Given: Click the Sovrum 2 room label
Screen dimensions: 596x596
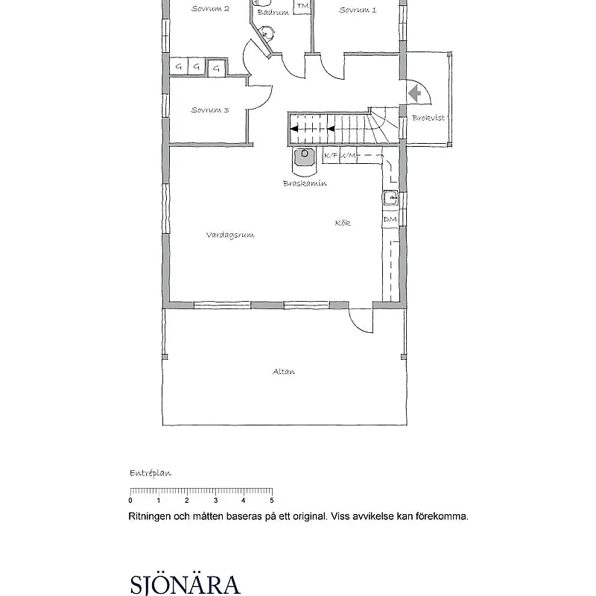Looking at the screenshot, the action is point(210,8).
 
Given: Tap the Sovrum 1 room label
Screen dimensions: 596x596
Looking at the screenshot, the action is point(358,10).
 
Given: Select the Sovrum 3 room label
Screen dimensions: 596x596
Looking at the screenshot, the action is point(210,110).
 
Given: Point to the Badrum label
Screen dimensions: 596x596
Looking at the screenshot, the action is point(273,12).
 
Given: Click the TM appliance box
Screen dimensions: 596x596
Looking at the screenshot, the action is point(302,7).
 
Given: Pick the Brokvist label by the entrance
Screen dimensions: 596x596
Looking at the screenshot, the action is point(428,118).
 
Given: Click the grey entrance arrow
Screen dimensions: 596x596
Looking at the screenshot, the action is point(414,93).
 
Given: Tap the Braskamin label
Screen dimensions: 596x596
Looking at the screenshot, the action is point(305,183).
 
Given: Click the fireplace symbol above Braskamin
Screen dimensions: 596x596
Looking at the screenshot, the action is point(304,156).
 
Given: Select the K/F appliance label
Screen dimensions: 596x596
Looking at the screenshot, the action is point(331,155).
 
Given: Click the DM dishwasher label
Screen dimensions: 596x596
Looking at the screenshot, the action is point(390,219).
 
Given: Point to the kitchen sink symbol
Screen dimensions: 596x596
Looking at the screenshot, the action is point(390,198).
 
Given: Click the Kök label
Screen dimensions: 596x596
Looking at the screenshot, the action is point(343,223).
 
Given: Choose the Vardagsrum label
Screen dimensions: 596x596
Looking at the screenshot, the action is point(230,235).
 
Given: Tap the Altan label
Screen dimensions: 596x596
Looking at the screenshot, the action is point(284,371).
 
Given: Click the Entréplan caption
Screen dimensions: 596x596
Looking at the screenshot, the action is point(150,473).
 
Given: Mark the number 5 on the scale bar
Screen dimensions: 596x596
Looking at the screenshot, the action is point(272,501).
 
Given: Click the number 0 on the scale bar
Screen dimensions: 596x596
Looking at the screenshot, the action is point(130,501).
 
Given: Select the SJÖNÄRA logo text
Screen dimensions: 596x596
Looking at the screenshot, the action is point(186,585).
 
